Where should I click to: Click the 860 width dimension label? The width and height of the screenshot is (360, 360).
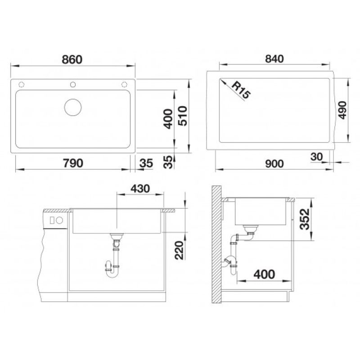coord(72,59)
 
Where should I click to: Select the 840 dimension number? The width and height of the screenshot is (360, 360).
coord(274,59)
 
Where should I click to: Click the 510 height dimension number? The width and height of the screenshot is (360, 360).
coord(183,116)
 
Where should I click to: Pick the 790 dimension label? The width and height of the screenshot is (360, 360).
coord(73,163)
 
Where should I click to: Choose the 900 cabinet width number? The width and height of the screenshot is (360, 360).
coord(274,164)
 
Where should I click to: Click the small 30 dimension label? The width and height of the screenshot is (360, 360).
coord(316,157)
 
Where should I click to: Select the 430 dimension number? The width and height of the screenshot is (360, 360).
coord(140,189)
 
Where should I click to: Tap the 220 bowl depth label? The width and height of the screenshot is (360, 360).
coord(179,250)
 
